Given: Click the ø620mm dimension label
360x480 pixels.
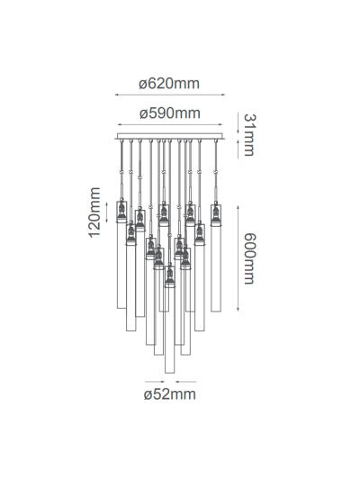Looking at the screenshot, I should [169, 84].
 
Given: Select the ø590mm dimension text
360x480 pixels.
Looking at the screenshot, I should [169, 113].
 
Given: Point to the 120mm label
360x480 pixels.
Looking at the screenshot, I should [94, 213].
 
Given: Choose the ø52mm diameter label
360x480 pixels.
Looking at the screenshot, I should [169, 394].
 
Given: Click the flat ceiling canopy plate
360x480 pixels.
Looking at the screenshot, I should [170, 137].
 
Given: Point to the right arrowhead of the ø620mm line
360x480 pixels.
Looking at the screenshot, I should [226, 95].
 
